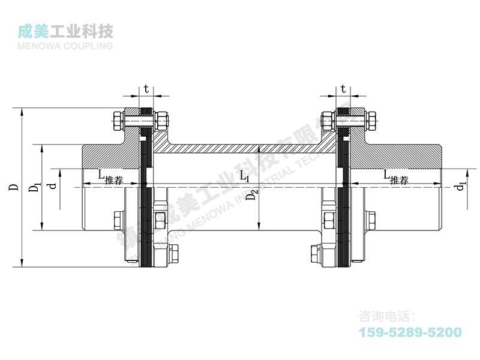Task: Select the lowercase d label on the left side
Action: click(53, 187)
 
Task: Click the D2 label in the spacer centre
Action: click(254, 194)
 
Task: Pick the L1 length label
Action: click(244, 176)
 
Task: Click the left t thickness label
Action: click(146, 89)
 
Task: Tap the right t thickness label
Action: click(343, 89)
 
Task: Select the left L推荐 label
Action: click(110, 176)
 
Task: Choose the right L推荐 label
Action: click(396, 176)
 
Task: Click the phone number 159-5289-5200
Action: click(410, 332)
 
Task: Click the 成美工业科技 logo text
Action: click(66, 31)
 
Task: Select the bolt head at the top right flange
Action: click(372, 122)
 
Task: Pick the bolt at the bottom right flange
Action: click(314, 255)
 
